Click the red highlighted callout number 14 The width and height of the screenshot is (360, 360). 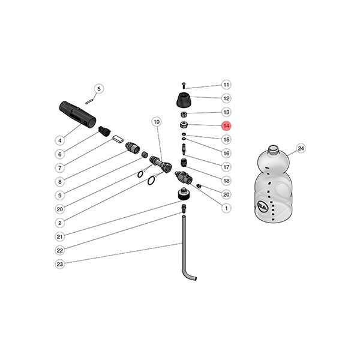click(226, 126)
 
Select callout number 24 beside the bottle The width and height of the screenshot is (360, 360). click(301, 148)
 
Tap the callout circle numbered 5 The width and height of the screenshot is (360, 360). click(100, 89)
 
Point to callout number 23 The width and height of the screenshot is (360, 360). click(59, 264)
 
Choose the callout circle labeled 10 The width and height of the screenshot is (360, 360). click(157, 122)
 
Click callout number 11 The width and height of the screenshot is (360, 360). click(226, 85)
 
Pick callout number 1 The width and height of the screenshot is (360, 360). click(226, 209)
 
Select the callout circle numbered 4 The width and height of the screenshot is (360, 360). click(59, 140)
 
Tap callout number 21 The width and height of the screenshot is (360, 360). click(59, 236)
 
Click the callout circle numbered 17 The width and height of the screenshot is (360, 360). click(226, 167)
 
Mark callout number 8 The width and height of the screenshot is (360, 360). click(59, 182)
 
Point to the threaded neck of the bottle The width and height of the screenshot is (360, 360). click(272, 148)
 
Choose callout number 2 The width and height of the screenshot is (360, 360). click(59, 223)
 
